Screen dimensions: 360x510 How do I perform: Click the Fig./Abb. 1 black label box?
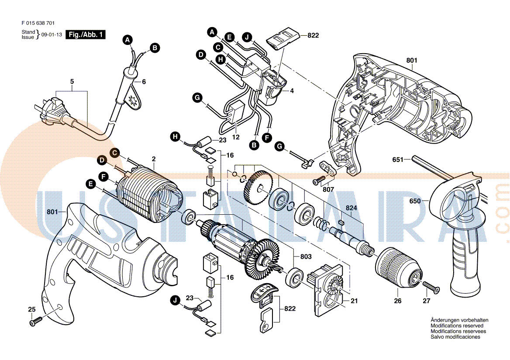tap(85, 35)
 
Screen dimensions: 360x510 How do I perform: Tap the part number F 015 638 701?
tap(38, 23)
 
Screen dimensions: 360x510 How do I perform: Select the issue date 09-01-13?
tap(52, 35)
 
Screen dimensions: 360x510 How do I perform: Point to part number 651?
tap(398, 160)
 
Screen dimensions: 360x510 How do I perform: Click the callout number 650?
tap(415, 201)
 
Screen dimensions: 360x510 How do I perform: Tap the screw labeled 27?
tap(431, 286)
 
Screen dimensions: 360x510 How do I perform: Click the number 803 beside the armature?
tap(306, 257)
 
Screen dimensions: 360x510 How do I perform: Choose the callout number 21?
tap(354, 301)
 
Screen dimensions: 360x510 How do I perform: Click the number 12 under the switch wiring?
tap(236, 137)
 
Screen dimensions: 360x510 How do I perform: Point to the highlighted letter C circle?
tap(114, 152)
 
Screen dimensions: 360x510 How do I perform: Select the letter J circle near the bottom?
tap(175, 300)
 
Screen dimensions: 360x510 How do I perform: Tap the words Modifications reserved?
tap(457, 326)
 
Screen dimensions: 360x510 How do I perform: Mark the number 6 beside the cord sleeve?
tap(144, 82)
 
